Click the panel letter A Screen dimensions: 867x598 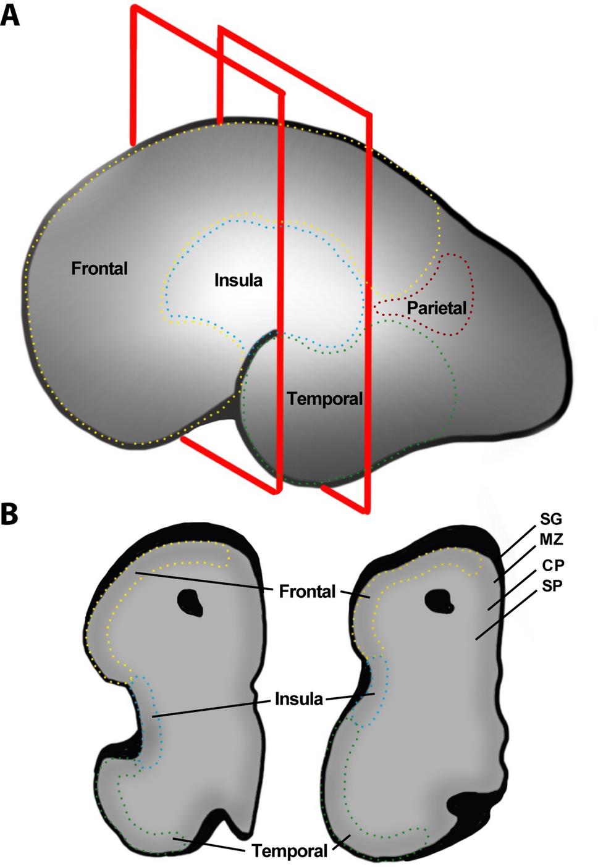tap(10, 15)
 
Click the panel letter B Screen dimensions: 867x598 tap(9, 514)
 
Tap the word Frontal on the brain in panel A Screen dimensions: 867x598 tap(99, 269)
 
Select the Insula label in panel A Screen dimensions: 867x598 tap(238, 280)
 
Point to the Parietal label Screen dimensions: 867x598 tap(436, 308)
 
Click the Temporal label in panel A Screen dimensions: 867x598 tap(325, 399)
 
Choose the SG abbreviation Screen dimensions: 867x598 tap(551, 519)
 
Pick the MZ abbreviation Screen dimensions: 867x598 tap(552, 540)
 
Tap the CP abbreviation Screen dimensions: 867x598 tap(553, 565)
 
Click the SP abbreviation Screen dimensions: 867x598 tap(552, 585)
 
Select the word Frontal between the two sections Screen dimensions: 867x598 tap(307, 592)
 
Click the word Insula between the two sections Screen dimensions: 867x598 tap(299, 699)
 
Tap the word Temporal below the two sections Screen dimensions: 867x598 tap(290, 851)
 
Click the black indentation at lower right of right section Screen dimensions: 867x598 tap(473, 806)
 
